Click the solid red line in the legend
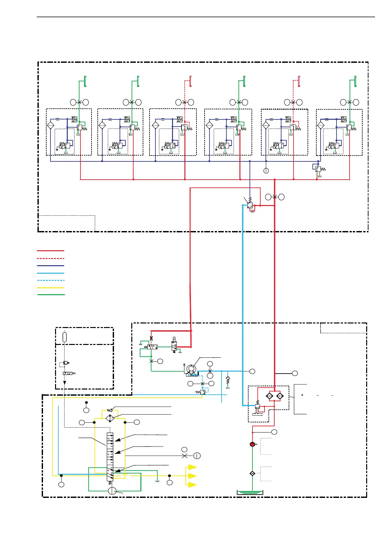(50, 251)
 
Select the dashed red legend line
(50, 258)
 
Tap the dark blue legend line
(50, 266)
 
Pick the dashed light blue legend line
(50, 280)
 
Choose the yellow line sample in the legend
(50, 288)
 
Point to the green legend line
(50, 295)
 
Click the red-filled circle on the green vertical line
(252, 444)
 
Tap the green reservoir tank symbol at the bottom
(250, 492)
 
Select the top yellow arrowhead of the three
(193, 467)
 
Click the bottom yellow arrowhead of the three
(193, 485)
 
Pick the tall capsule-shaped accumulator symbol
(65, 337)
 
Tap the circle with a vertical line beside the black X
(197, 456)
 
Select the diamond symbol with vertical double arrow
(110, 418)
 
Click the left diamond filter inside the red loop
(269, 396)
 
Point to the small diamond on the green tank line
(252, 473)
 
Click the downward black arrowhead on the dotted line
(65, 383)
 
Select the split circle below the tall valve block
(112, 491)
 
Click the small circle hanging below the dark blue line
(266, 171)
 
